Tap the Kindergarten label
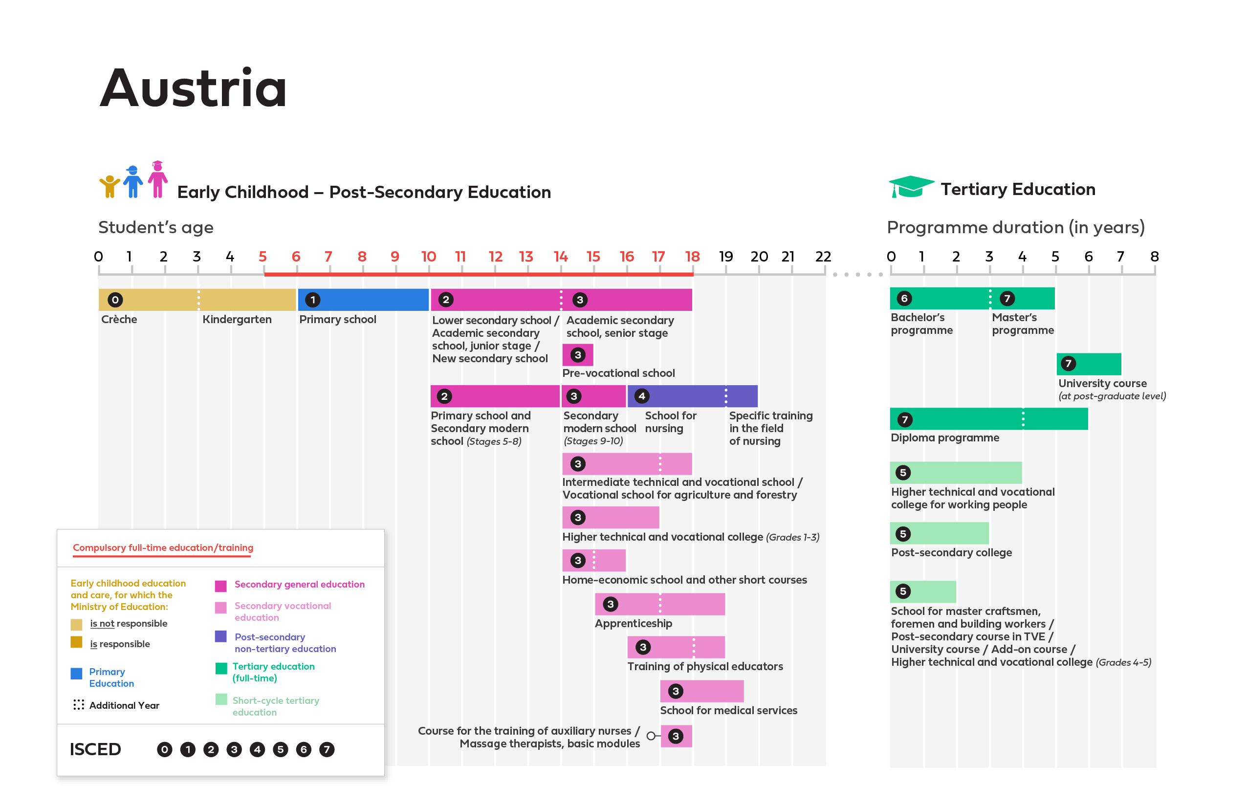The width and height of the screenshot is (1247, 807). click(x=237, y=319)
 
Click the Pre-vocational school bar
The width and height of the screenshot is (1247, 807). click(x=577, y=355)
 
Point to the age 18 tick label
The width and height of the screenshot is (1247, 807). click(x=692, y=256)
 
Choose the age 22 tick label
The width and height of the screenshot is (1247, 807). click(x=823, y=256)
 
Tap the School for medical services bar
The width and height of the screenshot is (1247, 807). click(x=701, y=691)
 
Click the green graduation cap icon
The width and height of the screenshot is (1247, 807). click(x=911, y=187)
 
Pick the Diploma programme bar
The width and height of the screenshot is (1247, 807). click(x=988, y=419)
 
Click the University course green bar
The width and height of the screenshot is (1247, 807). click(x=1089, y=364)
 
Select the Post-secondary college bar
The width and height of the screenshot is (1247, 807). click(x=939, y=533)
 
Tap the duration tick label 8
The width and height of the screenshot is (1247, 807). click(x=1154, y=256)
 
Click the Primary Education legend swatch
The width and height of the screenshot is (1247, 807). click(x=76, y=674)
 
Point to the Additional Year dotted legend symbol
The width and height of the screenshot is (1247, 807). click(x=79, y=705)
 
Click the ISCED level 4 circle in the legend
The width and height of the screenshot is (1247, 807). click(x=257, y=749)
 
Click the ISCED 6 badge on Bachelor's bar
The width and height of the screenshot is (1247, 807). click(x=904, y=298)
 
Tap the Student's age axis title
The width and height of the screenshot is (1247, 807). click(x=155, y=227)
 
